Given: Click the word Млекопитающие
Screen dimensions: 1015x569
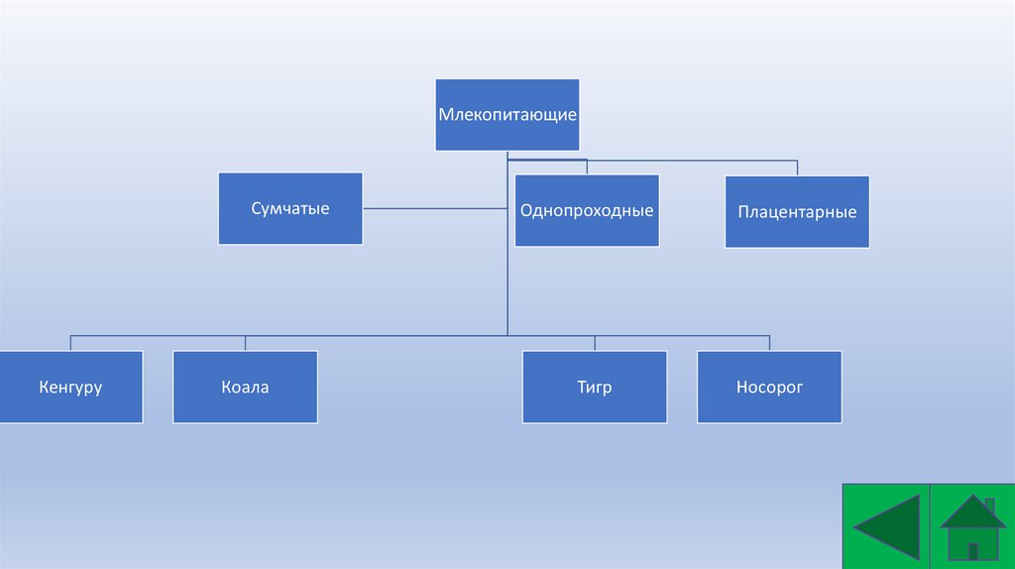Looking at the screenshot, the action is pos(507,115).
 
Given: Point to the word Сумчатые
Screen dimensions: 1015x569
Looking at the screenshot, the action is pos(290,209).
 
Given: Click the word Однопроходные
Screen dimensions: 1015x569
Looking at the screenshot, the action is pos(587,211).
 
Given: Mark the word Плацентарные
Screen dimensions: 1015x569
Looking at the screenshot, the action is pos(797,212).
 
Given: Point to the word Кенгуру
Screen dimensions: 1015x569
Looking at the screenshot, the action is pos(71,388).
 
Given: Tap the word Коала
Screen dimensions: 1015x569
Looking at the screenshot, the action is pos(245,388).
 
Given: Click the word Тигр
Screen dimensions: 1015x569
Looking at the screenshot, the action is pos(595,388).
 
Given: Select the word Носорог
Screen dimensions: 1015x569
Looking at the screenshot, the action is pos(769,388).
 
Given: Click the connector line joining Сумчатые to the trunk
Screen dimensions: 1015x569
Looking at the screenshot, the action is pos(434,208).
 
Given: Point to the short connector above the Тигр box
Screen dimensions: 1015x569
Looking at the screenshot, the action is pos(595,343).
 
